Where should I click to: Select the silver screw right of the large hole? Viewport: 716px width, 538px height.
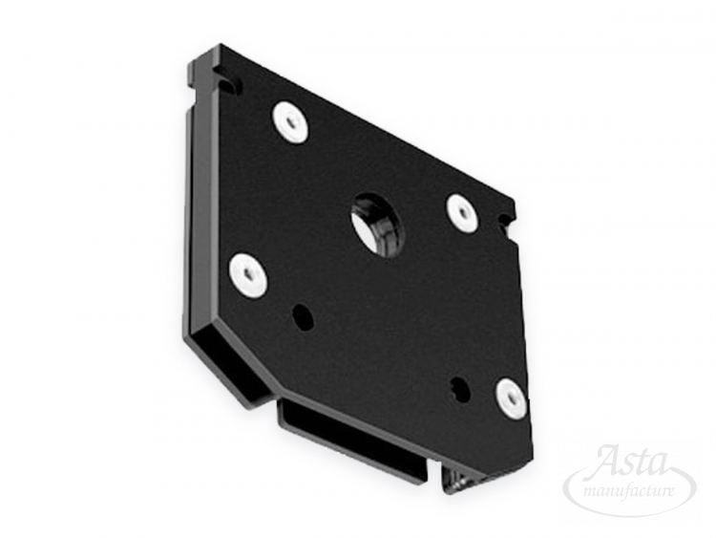pos(463,211)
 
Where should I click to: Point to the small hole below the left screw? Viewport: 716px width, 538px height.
pos(303,315)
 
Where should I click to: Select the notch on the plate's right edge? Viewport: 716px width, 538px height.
pos(507,222)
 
